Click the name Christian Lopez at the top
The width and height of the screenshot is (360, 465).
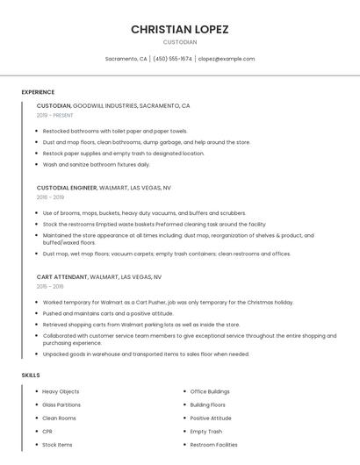[x=180, y=29]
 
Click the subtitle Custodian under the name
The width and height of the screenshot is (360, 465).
[x=180, y=41]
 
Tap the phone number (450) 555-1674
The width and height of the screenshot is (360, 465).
[x=172, y=59]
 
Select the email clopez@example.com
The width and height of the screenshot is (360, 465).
[x=227, y=59]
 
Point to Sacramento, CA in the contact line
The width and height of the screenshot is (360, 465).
[x=126, y=59]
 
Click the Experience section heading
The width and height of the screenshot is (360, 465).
[x=38, y=92]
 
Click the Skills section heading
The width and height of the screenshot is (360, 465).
[x=31, y=376]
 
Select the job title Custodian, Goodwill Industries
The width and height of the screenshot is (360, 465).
[x=113, y=105]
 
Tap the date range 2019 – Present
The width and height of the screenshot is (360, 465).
[x=55, y=115]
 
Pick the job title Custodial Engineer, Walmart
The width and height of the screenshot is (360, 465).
[x=104, y=188]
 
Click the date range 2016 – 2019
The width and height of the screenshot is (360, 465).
[x=50, y=197]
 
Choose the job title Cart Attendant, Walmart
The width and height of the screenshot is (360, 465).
[x=99, y=276]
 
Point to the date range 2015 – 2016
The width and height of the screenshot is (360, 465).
[x=50, y=286]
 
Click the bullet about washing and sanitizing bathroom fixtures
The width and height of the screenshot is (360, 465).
[x=97, y=164]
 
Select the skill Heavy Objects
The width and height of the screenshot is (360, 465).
[x=61, y=391]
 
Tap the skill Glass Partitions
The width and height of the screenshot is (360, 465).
[x=61, y=404]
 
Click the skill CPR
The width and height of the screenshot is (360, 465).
[x=47, y=432]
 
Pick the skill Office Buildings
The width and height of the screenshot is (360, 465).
[x=210, y=391]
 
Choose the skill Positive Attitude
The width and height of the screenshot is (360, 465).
[x=211, y=418]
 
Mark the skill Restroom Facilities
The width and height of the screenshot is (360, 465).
[x=213, y=445]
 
